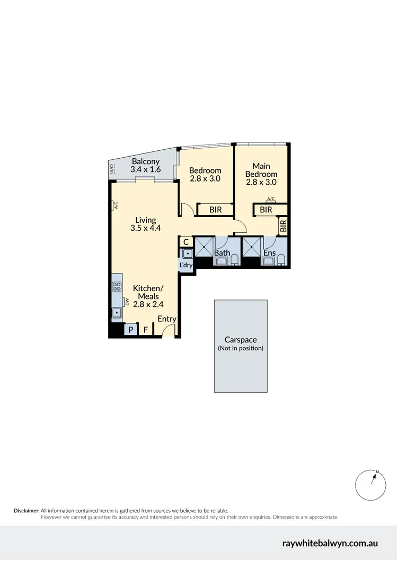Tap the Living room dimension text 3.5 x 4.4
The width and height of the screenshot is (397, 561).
click(x=145, y=229)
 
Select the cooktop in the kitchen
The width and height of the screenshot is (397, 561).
click(x=117, y=287)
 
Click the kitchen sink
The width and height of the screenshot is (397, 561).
click(x=117, y=313)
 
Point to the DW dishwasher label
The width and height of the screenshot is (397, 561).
click(x=127, y=302)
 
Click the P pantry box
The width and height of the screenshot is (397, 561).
click(x=130, y=330)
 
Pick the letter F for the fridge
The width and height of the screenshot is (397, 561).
click(x=146, y=330)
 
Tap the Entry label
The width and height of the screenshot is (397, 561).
click(x=166, y=319)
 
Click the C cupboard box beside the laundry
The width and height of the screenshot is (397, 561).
click(x=186, y=242)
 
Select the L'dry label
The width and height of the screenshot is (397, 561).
click(x=186, y=265)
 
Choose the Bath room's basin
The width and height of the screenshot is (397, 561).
click(x=221, y=261)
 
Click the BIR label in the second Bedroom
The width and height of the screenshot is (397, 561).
click(x=215, y=210)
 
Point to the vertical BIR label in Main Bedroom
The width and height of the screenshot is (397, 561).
click(x=283, y=226)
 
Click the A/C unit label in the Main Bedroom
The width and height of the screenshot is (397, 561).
click(x=271, y=199)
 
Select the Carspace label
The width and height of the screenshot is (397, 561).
click(x=240, y=340)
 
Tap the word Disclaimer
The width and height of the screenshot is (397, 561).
click(x=26, y=510)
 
